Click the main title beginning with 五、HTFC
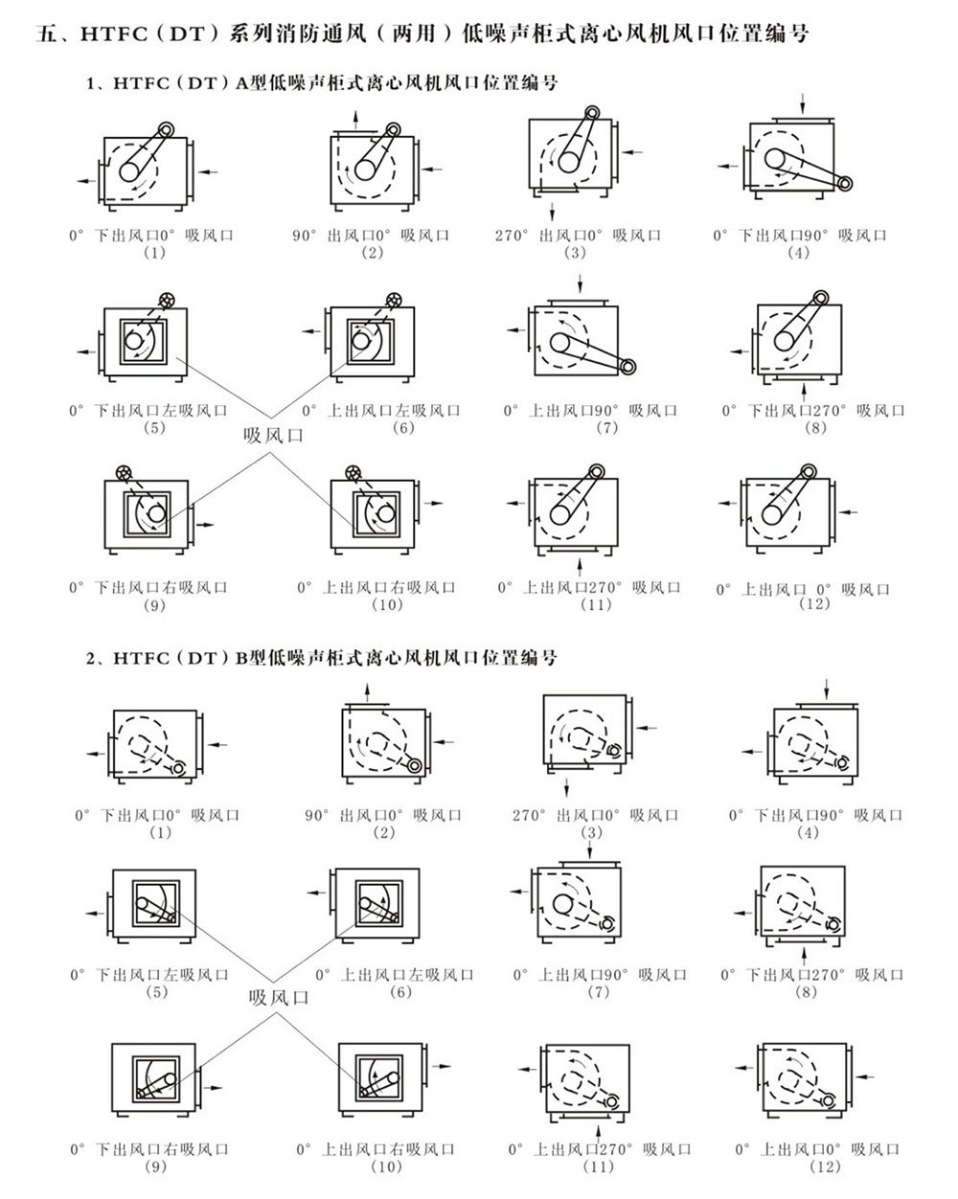422,34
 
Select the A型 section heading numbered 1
322,83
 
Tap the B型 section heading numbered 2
322,658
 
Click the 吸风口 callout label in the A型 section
273,435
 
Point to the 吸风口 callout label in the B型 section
279,997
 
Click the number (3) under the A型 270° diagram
576,253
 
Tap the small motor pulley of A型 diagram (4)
845,183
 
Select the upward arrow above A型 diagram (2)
356,120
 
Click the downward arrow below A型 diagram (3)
552,212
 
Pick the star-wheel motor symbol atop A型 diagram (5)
166,300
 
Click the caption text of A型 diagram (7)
590,411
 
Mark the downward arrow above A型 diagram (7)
581,283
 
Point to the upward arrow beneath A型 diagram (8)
803,391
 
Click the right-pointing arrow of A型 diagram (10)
433,503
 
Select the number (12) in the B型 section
826,1166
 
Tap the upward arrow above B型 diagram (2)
367,692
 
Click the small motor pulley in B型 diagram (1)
179,768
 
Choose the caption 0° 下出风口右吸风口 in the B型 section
149,1149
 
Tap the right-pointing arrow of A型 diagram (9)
204,525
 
